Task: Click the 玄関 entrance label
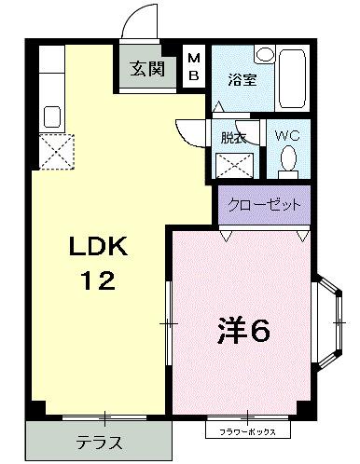pyautogui.click(x=145, y=68)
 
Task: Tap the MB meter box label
pyautogui.click(x=194, y=67)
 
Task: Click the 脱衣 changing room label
pyautogui.click(x=233, y=136)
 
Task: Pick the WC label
pyautogui.click(x=287, y=135)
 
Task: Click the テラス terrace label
pyautogui.click(x=99, y=442)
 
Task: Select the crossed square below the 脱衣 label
pyautogui.click(x=234, y=165)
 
